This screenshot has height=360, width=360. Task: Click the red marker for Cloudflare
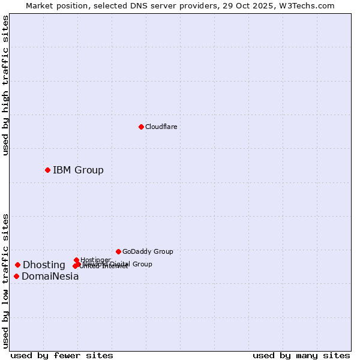pos(141,127)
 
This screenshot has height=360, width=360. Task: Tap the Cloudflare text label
pos(161,127)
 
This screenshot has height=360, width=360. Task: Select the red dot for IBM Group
pos(47,170)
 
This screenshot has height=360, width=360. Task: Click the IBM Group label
pos(78,170)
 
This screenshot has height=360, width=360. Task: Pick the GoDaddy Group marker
pos(118,251)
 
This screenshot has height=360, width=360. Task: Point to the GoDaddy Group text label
pos(148,251)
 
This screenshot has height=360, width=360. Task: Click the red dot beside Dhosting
pos(17,265)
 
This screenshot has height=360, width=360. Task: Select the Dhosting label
pos(44,265)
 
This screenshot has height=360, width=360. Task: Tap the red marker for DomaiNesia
pos(16,276)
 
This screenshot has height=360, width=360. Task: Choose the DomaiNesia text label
pos(50,277)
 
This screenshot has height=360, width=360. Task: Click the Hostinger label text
pos(95,260)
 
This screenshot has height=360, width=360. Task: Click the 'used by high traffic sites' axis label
pos(5,85)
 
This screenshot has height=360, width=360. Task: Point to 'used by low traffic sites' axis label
pos(5,280)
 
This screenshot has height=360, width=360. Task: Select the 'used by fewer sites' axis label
pos(62,355)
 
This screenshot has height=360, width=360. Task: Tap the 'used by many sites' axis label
pos(301,355)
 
